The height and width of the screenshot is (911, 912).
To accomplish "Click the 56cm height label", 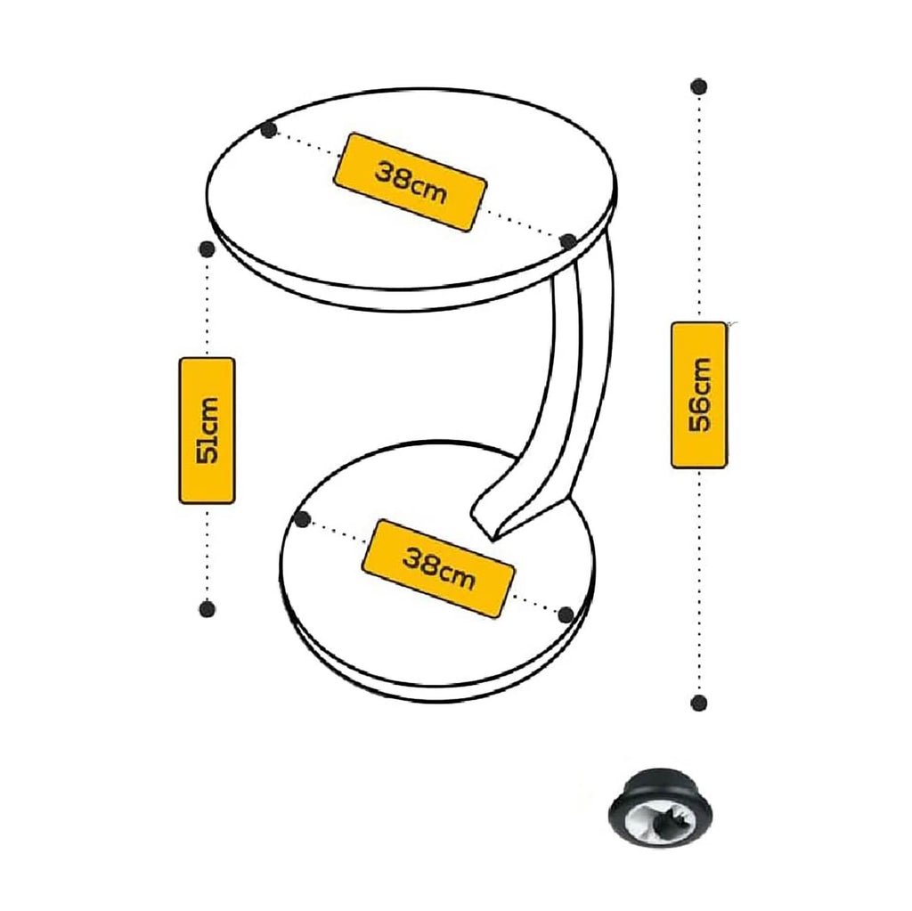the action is coord(699,395).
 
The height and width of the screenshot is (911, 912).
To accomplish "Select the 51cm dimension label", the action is coord(207,430).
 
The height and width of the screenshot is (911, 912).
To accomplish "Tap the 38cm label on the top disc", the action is coord(410,182).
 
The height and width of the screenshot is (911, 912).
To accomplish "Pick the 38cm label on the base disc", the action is coord(438,568).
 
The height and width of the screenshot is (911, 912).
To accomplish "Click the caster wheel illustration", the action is coord(660,808).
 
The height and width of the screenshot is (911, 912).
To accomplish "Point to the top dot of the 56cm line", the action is coord(698,86).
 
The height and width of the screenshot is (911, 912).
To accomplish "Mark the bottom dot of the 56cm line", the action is coord(699,703).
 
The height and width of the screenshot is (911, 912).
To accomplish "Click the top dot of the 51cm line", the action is coord(207,249).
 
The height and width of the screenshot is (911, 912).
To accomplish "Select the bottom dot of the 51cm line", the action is coord(207,609).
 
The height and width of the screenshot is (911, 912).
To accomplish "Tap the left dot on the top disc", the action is coord(268,130).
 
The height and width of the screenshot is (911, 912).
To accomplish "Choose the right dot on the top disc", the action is coord(567,240).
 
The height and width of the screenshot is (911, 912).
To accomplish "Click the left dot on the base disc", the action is coord(302,519).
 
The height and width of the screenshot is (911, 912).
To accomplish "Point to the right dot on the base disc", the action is coord(566,614).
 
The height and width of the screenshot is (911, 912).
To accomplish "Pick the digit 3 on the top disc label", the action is coord(385,171).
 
